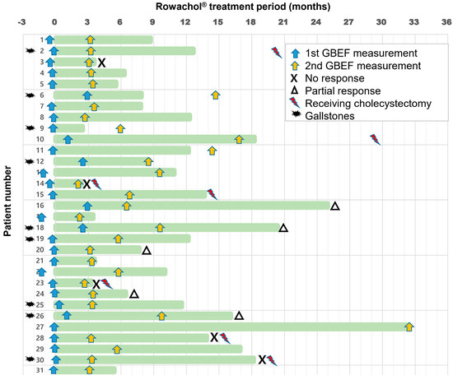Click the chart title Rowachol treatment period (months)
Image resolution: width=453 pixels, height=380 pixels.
[226, 7]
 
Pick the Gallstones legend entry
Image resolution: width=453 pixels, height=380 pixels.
[334, 116]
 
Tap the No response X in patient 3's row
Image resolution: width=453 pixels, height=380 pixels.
[101, 63]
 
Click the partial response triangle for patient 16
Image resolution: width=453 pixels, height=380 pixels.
[334, 206]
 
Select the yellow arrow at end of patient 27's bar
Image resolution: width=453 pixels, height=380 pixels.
[409, 327]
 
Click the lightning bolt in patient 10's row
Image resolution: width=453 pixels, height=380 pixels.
[375, 139]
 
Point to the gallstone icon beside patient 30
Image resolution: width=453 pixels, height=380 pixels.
[30, 359]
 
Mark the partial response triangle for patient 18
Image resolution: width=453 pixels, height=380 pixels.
[283, 228]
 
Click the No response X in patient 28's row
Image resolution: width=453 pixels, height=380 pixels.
[214, 337]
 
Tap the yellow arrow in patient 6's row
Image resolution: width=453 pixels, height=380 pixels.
[215, 95]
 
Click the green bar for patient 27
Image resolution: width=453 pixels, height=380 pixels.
[231, 327]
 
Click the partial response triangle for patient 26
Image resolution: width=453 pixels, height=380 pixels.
[239, 316]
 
